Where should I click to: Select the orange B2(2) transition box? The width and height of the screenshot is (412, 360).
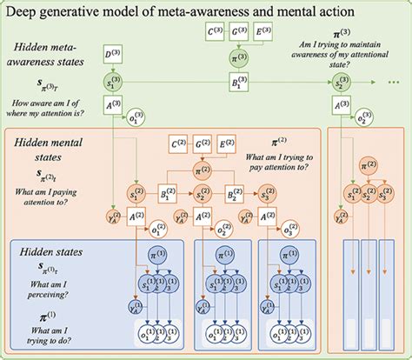pyautogui.click(x=233, y=194)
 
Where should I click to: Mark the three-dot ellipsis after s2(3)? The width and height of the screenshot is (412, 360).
pyautogui.click(x=391, y=83)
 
